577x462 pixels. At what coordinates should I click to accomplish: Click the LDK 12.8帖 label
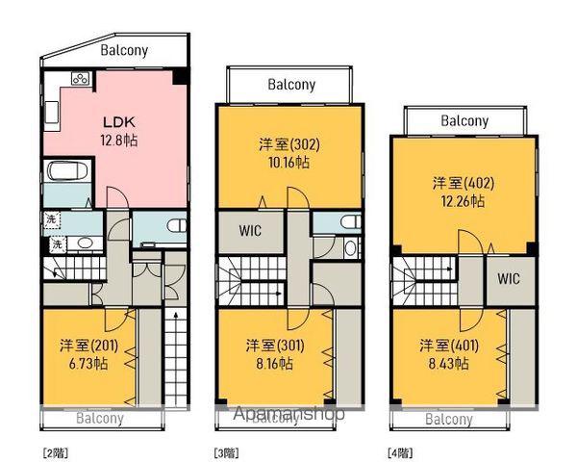click(x=119, y=131)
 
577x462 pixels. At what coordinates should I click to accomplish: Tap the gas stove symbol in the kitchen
click(x=81, y=79)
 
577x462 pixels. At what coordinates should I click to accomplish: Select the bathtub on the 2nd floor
click(x=67, y=171)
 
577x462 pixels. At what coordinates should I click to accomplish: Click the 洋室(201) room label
click(x=89, y=346)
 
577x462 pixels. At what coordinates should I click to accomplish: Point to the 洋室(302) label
click(x=289, y=144)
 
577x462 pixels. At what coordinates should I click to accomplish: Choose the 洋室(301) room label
click(x=275, y=346)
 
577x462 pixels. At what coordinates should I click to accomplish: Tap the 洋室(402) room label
click(x=464, y=183)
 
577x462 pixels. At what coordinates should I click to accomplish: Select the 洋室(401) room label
click(x=449, y=346)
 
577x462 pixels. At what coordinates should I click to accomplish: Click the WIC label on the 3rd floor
click(x=250, y=231)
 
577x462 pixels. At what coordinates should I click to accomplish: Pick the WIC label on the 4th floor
click(x=509, y=278)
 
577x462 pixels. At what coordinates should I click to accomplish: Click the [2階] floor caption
click(x=56, y=452)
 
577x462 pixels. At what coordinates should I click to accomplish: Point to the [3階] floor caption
click(x=226, y=452)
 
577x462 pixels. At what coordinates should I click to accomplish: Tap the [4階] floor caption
click(x=400, y=452)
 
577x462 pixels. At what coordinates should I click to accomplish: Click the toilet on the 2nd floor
click(x=177, y=225)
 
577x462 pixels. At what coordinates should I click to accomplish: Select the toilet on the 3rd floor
click(x=351, y=221)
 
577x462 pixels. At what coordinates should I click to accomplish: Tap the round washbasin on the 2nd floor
click(x=86, y=244)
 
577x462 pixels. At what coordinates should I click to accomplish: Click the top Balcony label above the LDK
click(x=124, y=50)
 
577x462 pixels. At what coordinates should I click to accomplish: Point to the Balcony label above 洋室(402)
click(x=464, y=121)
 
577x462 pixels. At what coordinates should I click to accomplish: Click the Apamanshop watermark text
click(x=289, y=413)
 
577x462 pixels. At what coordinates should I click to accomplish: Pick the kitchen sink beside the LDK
click(x=51, y=113)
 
